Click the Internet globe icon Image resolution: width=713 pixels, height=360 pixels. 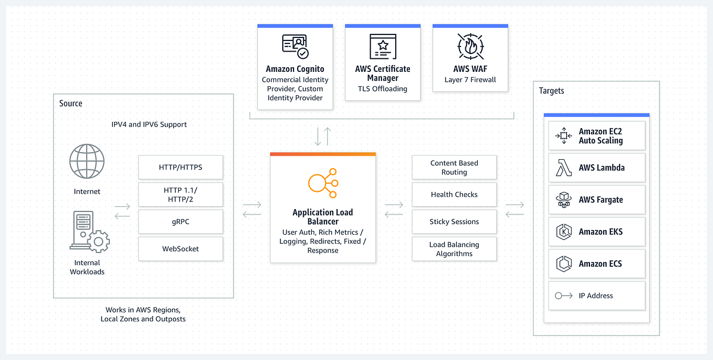pyautogui.click(x=87, y=161)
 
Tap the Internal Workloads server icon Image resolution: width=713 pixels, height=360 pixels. pyautogui.click(x=90, y=232)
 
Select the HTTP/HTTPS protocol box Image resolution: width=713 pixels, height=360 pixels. pyautogui.click(x=181, y=167)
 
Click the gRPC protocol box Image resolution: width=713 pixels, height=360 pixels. pyautogui.click(x=181, y=222)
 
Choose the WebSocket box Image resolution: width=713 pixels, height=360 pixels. pyautogui.click(x=181, y=248)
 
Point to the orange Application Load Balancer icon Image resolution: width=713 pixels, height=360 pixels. pyautogui.click(x=323, y=183)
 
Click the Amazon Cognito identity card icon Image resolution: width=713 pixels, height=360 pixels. pyautogui.click(x=295, y=46)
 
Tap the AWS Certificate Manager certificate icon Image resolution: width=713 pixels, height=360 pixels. pyautogui.click(x=383, y=46)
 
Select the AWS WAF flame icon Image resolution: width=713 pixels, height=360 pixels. pyautogui.click(x=471, y=46)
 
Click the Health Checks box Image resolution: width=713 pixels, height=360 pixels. pyautogui.click(x=454, y=194)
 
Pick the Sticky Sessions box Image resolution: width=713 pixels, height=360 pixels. pyautogui.click(x=454, y=222)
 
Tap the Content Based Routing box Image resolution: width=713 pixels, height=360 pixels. pyautogui.click(x=454, y=167)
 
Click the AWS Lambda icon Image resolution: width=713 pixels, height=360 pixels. pyautogui.click(x=564, y=168)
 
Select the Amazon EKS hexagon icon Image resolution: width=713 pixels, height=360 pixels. pyautogui.click(x=564, y=232)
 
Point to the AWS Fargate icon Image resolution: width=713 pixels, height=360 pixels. pyautogui.click(x=564, y=200)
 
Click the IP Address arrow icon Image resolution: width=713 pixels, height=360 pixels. pyautogui.click(x=564, y=296)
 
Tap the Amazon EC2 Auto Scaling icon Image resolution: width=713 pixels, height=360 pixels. pyautogui.click(x=564, y=135)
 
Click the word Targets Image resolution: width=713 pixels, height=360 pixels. pyautogui.click(x=551, y=91)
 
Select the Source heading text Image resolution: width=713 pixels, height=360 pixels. pyautogui.click(x=71, y=103)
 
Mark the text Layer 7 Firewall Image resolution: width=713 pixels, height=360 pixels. pyautogui.click(x=470, y=80)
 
